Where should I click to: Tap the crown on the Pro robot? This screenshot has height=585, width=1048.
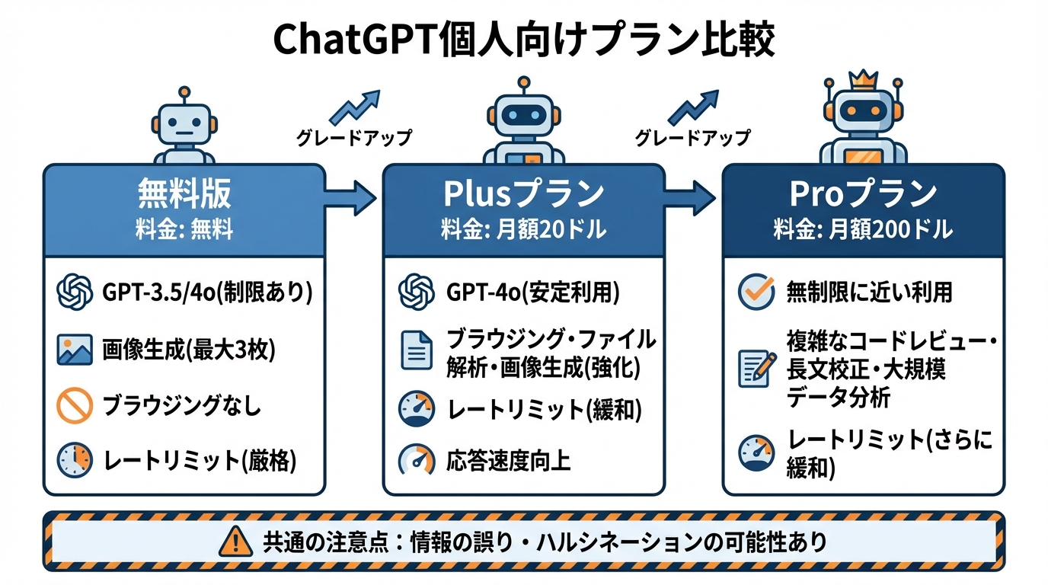[x=863, y=78]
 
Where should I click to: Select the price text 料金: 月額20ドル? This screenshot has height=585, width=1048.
[x=523, y=229]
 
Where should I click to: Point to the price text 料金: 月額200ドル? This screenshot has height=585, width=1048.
[x=863, y=229]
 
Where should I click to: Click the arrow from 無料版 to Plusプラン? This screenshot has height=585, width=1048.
[x=351, y=199]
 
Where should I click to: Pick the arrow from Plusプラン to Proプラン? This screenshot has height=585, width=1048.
[x=690, y=199]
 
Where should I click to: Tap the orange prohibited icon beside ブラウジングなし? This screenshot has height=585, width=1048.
[x=75, y=406]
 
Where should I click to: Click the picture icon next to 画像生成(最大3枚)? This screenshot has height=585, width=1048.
[x=75, y=350]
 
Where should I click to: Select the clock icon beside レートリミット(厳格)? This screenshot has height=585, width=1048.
[x=75, y=461]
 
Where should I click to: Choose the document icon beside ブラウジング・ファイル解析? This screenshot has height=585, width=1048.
[x=416, y=351]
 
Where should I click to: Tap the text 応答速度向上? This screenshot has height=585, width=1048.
[x=509, y=461]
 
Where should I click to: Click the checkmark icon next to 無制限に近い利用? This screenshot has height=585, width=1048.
[x=756, y=292]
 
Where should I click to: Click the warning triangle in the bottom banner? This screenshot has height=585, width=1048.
[x=235, y=542]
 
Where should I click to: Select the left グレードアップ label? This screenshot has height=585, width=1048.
[x=353, y=138]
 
